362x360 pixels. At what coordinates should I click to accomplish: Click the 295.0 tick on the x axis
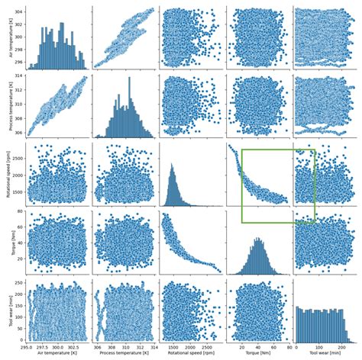tap(27, 347)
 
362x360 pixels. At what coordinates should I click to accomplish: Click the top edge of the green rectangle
tap(278, 149)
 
